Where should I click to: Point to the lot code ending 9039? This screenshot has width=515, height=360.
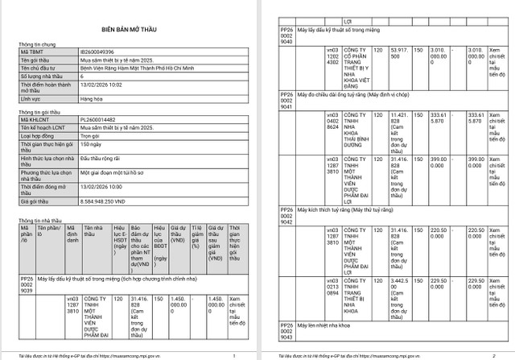click(26, 285)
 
